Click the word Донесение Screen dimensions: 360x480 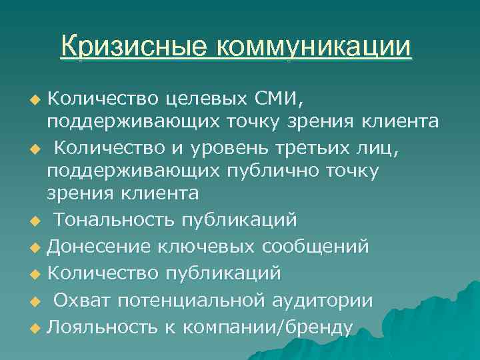pyautogui.click(x=99, y=247)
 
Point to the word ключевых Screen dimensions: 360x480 pyautogui.click(x=209, y=247)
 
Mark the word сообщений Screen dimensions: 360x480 pyautogui.click(x=317, y=247)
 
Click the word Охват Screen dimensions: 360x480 pyautogui.click(x=82, y=300)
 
